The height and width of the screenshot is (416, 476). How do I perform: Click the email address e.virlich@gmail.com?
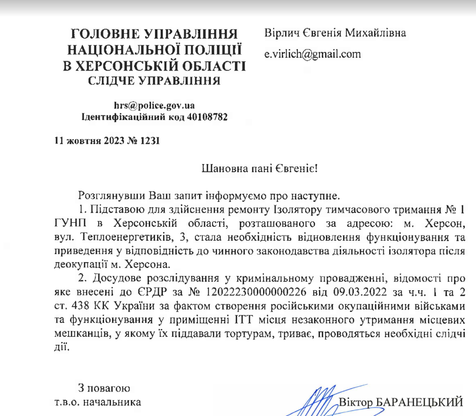point(312,54)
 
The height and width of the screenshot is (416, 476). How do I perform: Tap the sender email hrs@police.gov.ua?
point(154,106)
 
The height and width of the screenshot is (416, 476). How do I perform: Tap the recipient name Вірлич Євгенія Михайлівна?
point(335,34)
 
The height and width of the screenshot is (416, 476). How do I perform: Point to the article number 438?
point(79,308)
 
